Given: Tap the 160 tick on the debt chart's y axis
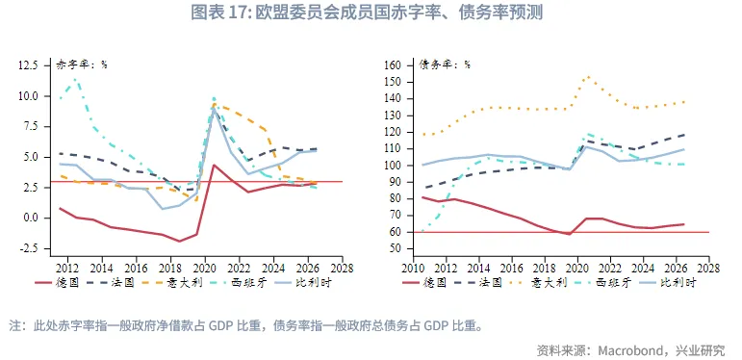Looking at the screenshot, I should tap(392, 65).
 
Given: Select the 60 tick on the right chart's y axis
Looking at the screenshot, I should tap(395, 231).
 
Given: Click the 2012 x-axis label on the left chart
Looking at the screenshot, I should tap(67, 268).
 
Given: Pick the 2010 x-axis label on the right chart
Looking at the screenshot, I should tap(415, 268).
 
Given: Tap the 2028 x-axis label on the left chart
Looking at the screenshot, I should tap(343, 268).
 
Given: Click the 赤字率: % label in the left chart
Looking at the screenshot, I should tap(82, 65).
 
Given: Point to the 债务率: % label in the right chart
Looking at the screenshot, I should tap(445, 65).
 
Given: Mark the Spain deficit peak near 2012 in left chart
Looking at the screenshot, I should tap(75, 79).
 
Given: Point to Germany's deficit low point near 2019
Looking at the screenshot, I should tap(180, 241).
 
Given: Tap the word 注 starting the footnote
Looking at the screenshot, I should tap(14, 325).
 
